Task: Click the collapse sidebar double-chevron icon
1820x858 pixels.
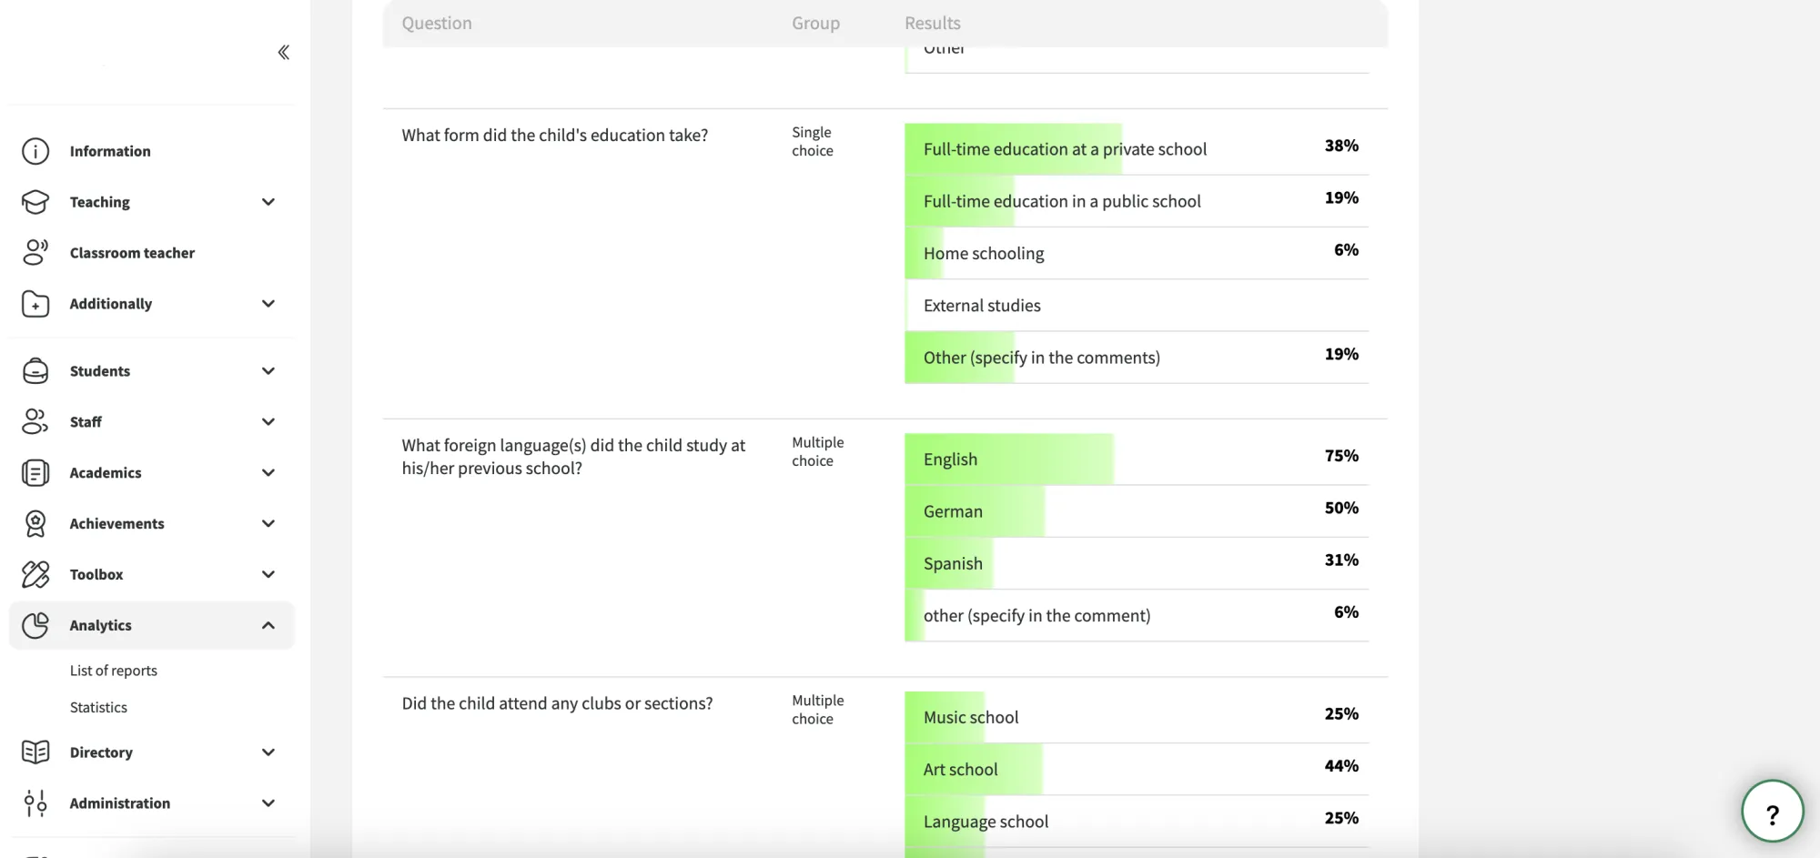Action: pos(284,52)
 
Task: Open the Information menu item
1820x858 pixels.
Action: pos(110,151)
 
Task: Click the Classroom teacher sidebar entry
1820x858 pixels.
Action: pos(132,253)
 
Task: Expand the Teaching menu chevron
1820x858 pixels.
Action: pos(268,202)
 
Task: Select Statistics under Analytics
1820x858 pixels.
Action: pos(98,707)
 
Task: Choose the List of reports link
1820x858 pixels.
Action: pos(114,671)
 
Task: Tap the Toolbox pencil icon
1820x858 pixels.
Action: pos(35,574)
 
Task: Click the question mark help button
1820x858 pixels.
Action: pos(1772,812)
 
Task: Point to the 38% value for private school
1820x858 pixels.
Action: pos(1341,146)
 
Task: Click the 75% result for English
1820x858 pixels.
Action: pos(1341,456)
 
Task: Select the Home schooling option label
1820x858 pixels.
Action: pos(984,254)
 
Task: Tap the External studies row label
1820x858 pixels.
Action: pos(982,306)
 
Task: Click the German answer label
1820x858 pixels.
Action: pos(953,511)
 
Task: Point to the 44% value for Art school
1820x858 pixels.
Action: pos(1341,766)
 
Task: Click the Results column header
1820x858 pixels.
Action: pos(933,23)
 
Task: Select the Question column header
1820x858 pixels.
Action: pos(437,23)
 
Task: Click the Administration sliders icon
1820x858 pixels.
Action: pos(35,803)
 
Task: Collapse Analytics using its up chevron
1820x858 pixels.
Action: pos(268,625)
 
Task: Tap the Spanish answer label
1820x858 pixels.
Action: pos(953,564)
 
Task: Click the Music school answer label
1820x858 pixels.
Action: pos(971,718)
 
